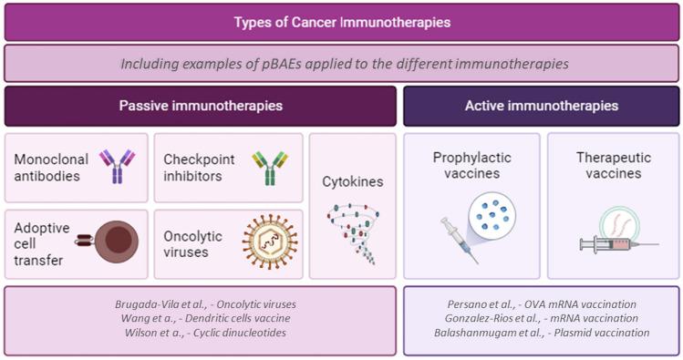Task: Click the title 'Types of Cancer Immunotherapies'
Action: [341, 21]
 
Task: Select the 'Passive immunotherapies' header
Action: [201, 106]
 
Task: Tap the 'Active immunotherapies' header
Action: [541, 106]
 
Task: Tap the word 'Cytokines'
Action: [352, 181]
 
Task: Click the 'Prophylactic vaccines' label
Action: [471, 166]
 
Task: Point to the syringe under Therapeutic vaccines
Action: [616, 242]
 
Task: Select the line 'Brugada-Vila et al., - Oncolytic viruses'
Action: [201, 303]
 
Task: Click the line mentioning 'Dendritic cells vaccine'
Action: [201, 318]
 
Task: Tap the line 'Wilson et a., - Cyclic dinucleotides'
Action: [201, 333]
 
